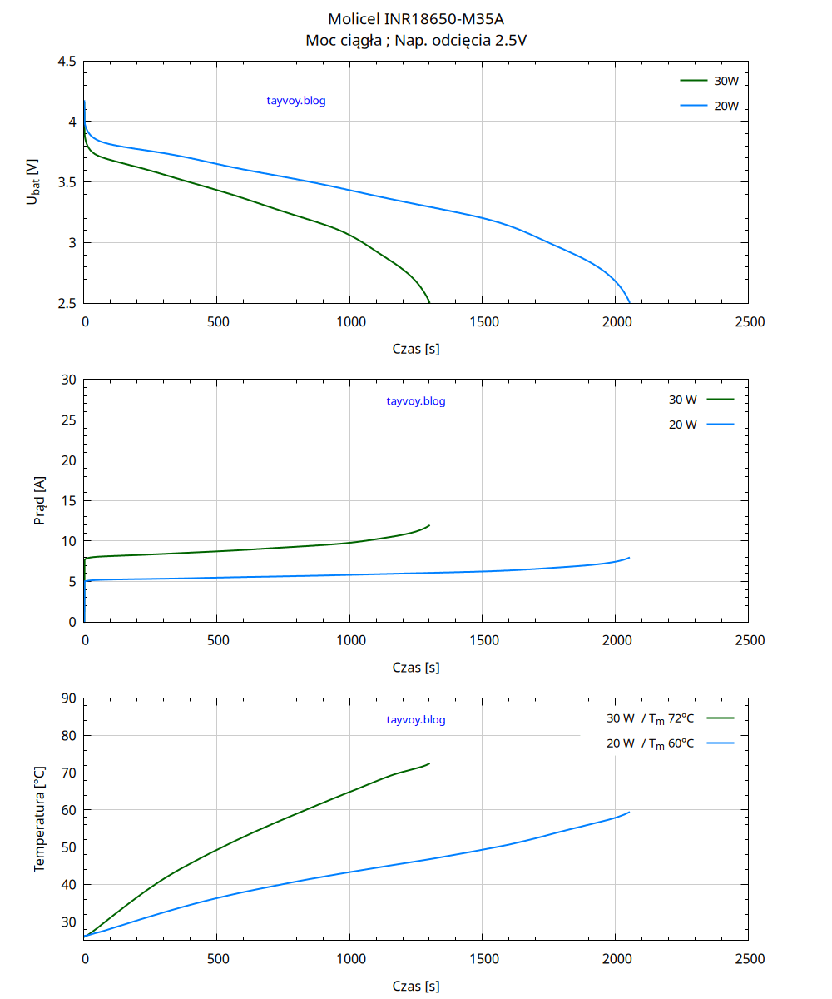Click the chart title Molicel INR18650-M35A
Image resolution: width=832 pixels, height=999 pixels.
[416, 18]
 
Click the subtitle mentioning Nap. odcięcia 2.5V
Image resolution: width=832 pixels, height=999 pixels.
[416, 40]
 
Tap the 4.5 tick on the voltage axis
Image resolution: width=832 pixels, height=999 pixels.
[67, 62]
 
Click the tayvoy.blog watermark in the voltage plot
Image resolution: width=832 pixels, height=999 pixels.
[296, 101]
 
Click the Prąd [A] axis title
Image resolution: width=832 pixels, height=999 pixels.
[39, 500]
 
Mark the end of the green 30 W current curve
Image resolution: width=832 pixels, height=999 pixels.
[429, 525]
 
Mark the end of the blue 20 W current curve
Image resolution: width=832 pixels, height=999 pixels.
[629, 558]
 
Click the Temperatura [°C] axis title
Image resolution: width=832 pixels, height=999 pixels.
[39, 819]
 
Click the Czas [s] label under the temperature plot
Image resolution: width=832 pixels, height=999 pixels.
[416, 986]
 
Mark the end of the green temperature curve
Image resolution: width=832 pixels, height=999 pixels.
[429, 763]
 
